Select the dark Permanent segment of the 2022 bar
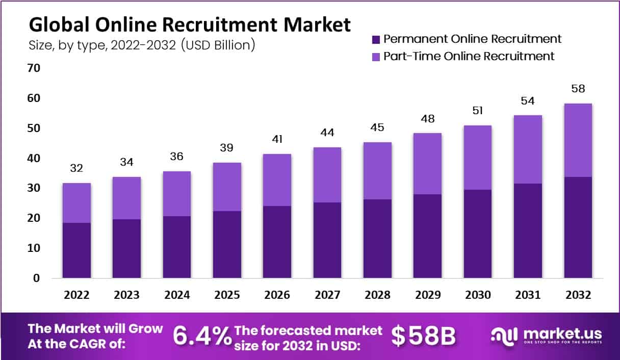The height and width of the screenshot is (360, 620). (77, 250)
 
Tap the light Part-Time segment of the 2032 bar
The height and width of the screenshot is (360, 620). (578, 140)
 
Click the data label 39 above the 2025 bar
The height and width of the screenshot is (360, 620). (227, 148)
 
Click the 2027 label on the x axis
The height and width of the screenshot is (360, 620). (327, 295)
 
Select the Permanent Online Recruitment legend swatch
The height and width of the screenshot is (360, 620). (376, 39)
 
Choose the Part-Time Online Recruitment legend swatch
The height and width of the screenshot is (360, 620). (376, 57)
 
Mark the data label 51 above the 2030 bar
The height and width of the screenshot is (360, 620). (478, 111)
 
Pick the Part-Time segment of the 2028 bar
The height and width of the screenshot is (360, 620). (377, 171)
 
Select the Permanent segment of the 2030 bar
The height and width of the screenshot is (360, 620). (478, 234)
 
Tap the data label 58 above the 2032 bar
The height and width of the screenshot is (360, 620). (578, 89)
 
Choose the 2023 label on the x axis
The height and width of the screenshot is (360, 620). (127, 295)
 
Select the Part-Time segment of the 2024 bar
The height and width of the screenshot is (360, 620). (177, 194)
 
